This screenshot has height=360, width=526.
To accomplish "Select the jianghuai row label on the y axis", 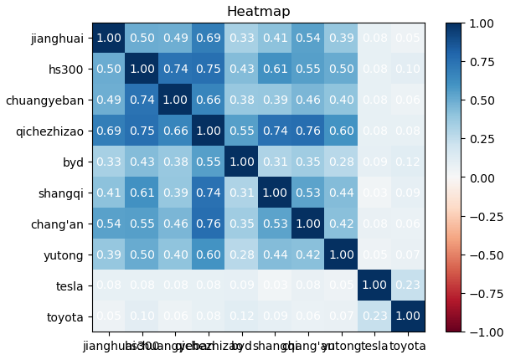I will [57, 38].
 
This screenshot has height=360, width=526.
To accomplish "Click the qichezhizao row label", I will [49, 131].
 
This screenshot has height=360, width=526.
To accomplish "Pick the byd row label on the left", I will [74, 162].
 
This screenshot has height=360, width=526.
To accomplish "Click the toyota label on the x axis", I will [408, 346].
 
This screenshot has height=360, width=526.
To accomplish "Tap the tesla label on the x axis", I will [374, 346].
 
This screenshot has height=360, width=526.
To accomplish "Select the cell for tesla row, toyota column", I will [408, 285].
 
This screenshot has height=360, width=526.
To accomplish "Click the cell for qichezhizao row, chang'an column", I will [308, 131].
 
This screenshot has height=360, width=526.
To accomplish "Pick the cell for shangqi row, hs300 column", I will [142, 193].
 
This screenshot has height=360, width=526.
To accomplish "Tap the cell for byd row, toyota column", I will [408, 162].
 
